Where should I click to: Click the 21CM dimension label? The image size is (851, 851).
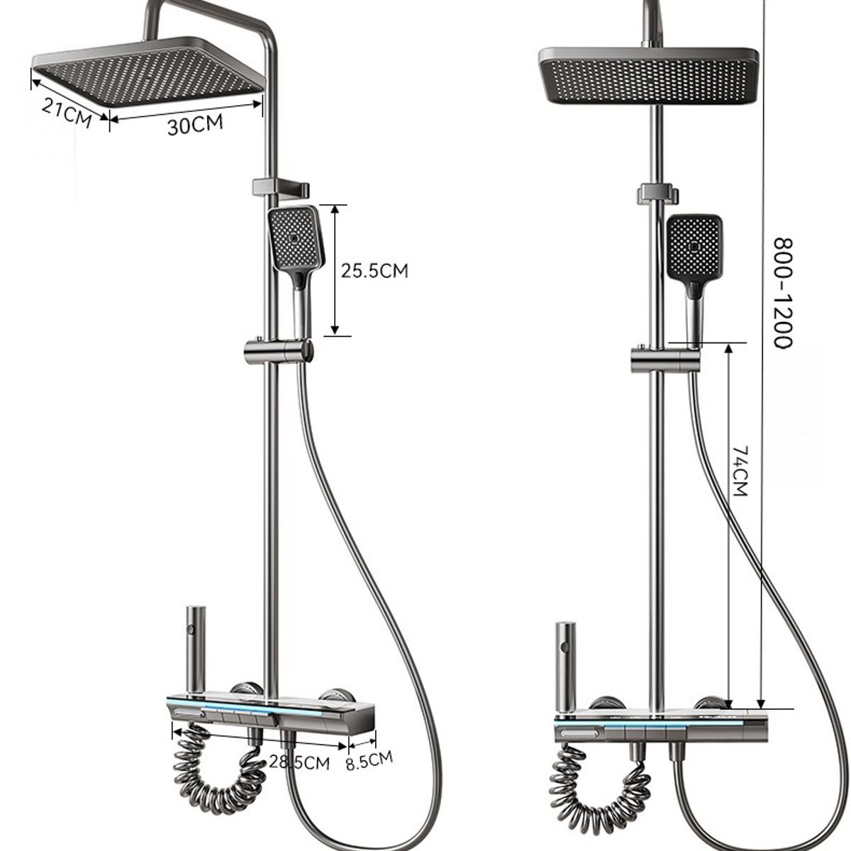pyautogui.click(x=67, y=112)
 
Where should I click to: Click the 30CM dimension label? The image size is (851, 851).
pyautogui.click(x=195, y=125)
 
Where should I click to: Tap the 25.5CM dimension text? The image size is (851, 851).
pyautogui.click(x=375, y=270)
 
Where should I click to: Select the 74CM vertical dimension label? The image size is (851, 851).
pyautogui.click(x=740, y=471)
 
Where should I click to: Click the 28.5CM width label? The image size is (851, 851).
pyautogui.click(x=299, y=762)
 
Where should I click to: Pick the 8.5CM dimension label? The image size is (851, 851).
pyautogui.click(x=369, y=761)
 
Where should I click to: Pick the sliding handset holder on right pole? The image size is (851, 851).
pyautogui.click(x=663, y=359)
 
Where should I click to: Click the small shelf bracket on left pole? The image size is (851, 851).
pyautogui.click(x=280, y=189)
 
